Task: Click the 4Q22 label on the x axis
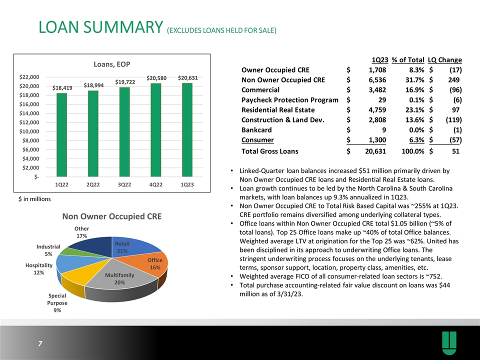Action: point(156,184)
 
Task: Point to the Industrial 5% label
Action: point(48,250)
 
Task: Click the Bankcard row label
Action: point(258,129)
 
